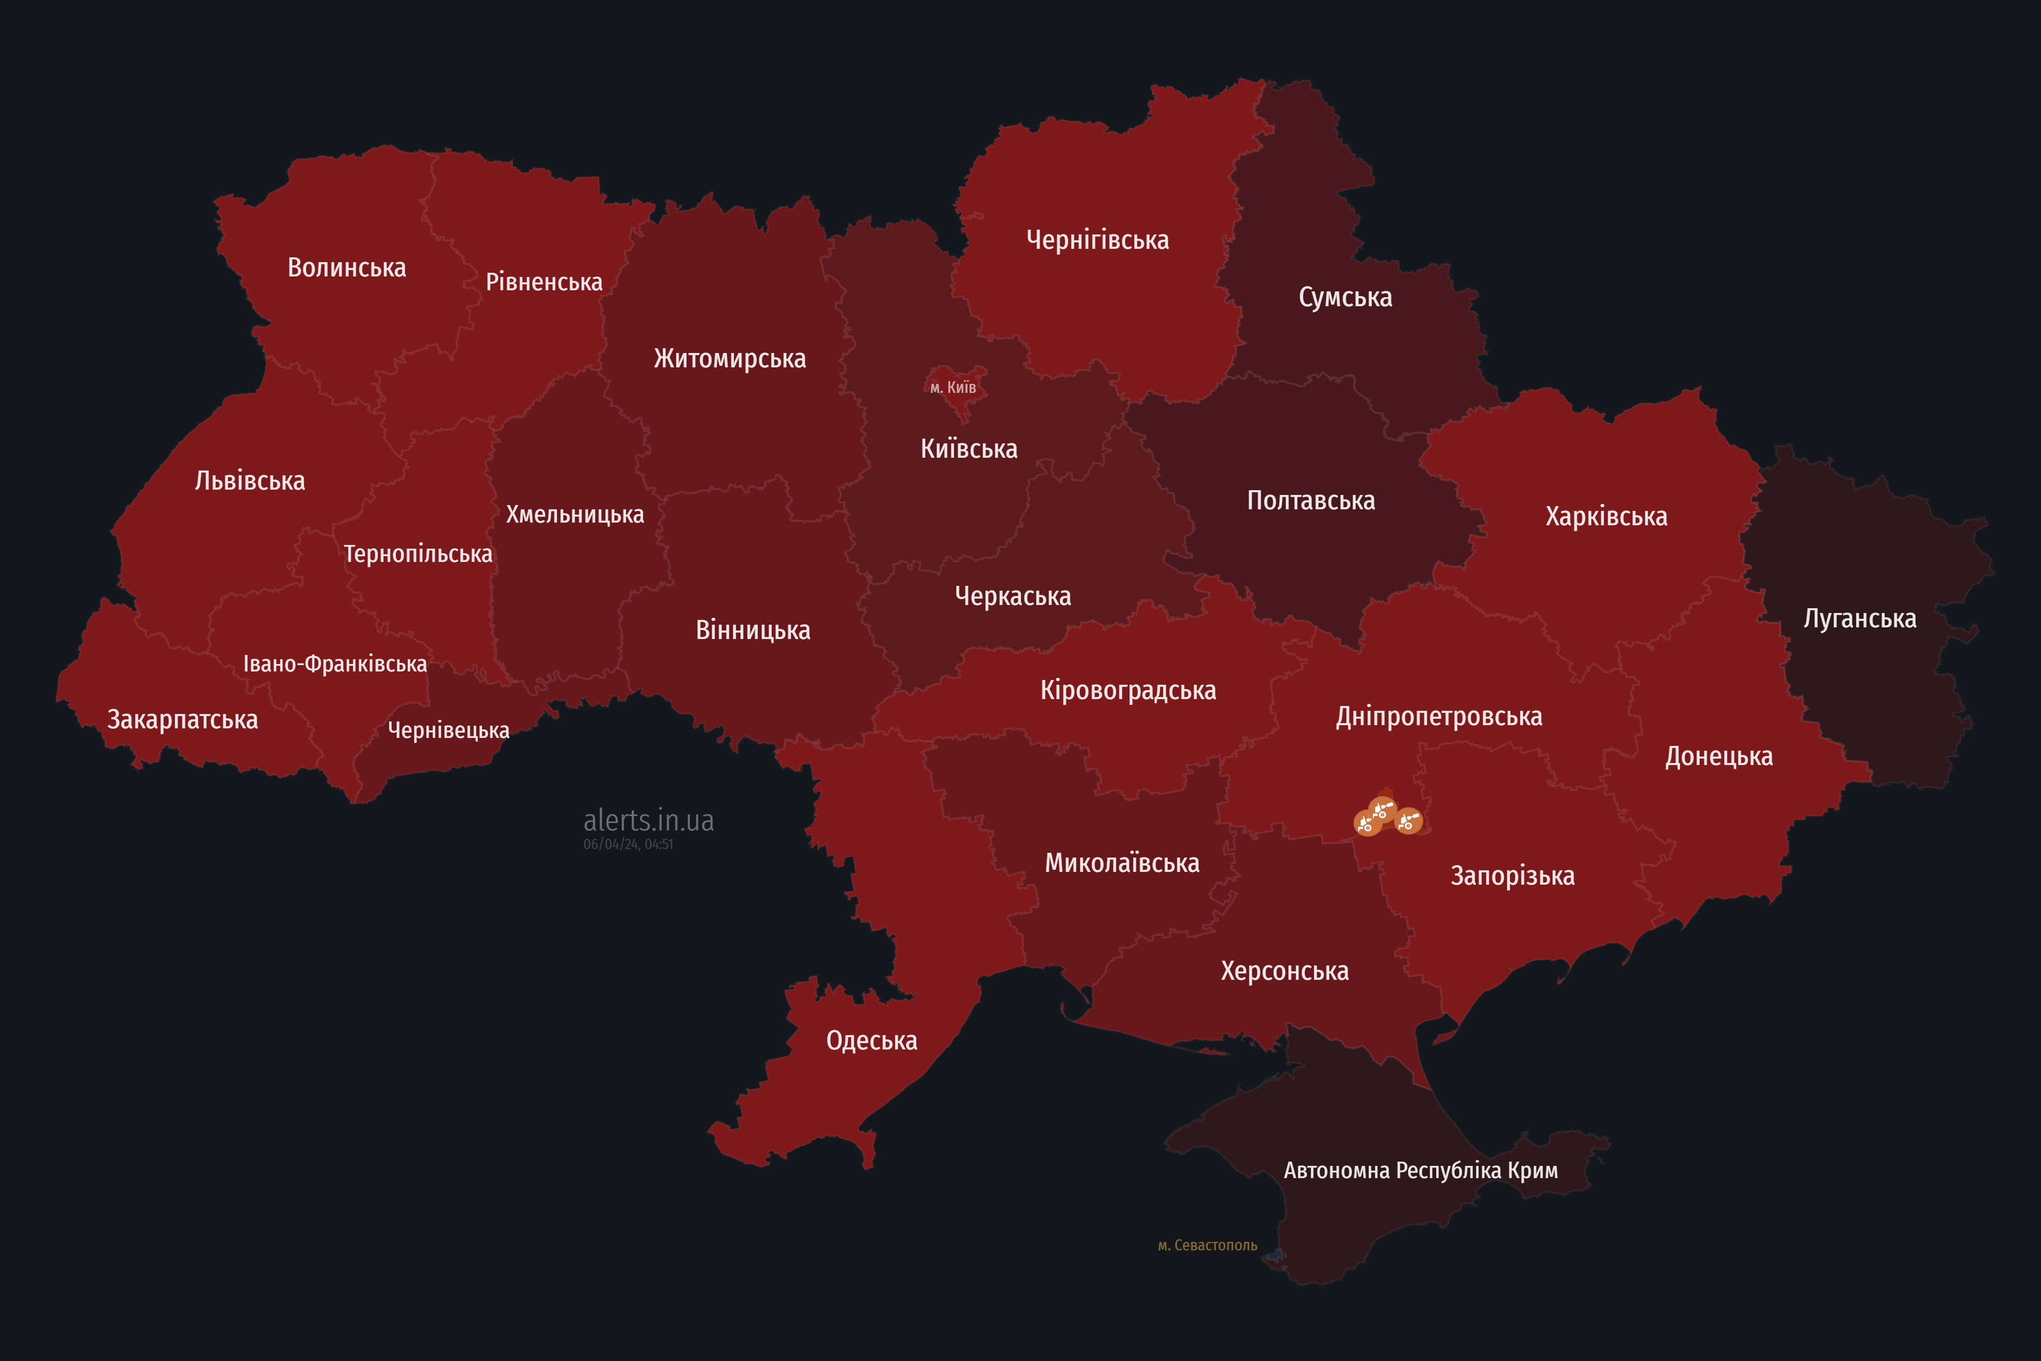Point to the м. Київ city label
953,387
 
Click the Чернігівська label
1097,240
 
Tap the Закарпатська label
182,719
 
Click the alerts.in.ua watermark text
648,820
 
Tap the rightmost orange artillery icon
1407,820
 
